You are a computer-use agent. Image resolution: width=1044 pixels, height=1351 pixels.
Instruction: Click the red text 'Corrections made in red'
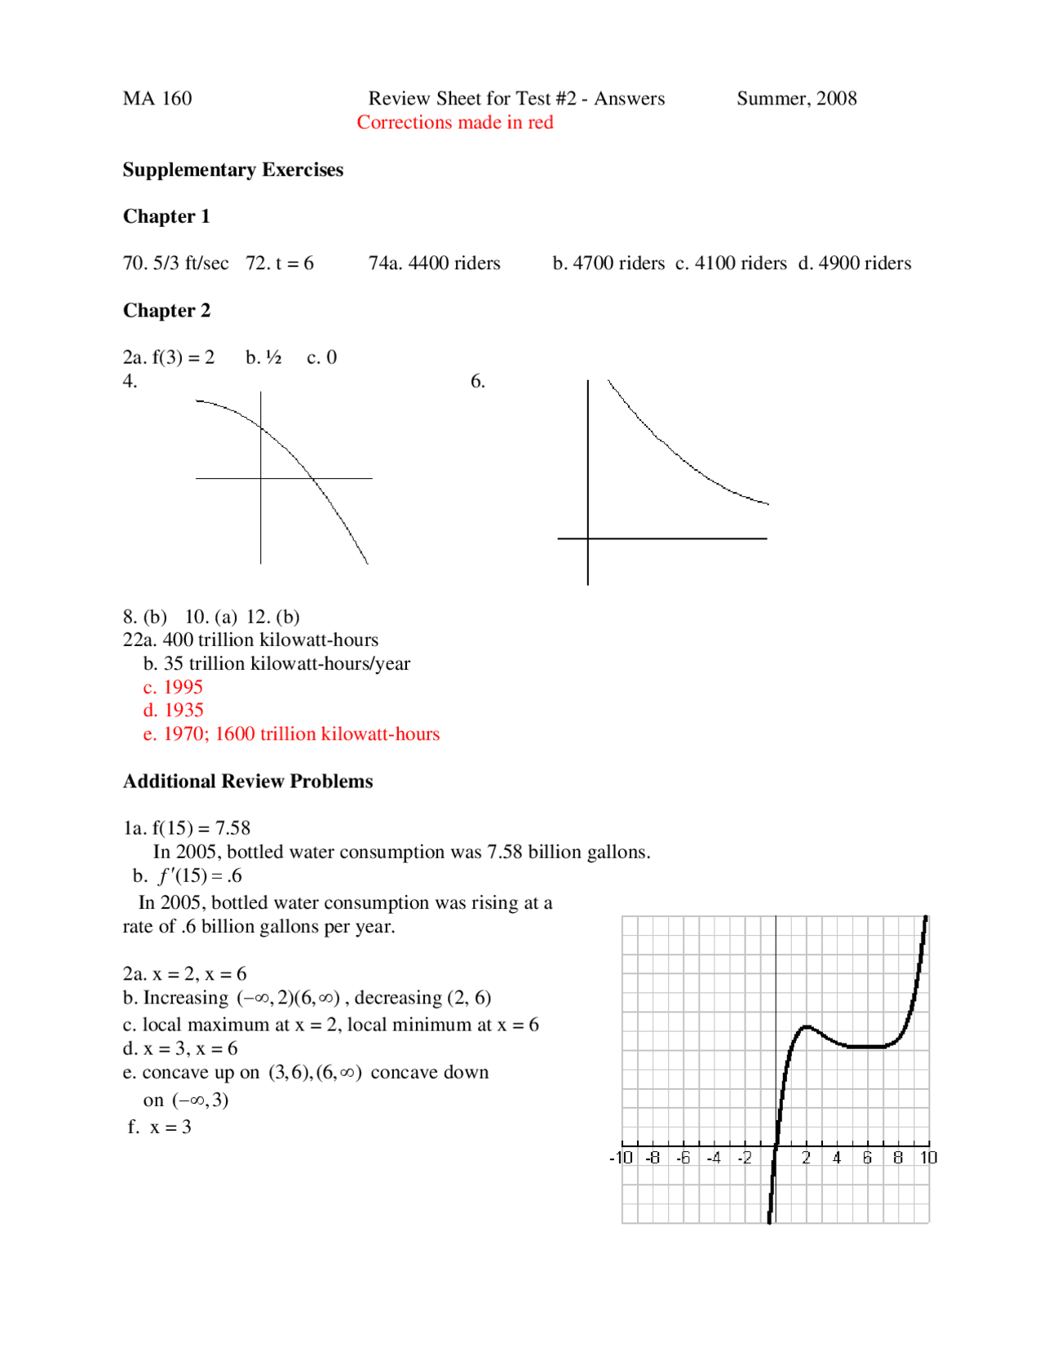coord(454,122)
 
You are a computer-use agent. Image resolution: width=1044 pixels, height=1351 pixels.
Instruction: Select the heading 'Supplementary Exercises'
coord(232,170)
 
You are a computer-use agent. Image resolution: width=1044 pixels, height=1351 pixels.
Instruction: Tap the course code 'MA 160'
coord(157,99)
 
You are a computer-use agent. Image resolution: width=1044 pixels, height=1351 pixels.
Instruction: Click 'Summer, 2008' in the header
coord(796,99)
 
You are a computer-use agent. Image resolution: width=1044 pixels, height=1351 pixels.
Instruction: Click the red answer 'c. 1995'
coord(173,687)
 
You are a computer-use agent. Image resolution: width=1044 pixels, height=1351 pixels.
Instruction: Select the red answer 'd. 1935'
coord(173,711)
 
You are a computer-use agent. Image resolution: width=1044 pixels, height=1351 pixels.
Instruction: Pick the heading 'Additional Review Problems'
coord(247,782)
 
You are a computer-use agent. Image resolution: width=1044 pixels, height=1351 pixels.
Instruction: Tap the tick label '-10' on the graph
coord(621,1158)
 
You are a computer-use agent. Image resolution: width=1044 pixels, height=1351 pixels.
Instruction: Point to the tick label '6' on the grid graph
coord(867,1158)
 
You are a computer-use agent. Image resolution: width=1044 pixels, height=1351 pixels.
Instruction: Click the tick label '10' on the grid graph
coord(928,1158)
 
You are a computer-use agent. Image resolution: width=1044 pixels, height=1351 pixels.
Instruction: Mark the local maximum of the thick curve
coord(806,1026)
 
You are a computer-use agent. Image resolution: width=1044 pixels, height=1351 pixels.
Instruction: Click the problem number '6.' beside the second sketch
coord(477,381)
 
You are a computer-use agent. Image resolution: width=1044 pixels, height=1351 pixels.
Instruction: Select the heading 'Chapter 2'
coord(166,311)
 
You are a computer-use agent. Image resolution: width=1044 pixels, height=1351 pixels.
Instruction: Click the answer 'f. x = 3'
coord(160,1127)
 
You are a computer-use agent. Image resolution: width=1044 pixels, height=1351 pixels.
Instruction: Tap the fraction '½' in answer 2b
coord(273,357)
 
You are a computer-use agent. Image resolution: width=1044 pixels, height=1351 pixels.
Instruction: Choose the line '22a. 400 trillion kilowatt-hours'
coord(250,640)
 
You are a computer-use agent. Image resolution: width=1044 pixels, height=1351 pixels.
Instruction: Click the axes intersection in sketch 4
coord(261,478)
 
